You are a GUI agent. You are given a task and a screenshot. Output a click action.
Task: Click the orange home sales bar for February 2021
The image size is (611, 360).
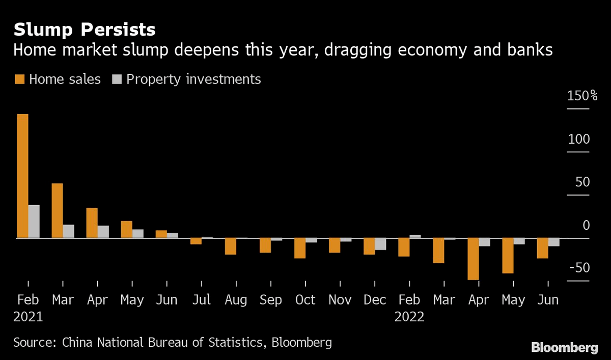22,176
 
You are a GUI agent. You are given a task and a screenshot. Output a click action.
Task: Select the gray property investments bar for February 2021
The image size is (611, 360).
34,221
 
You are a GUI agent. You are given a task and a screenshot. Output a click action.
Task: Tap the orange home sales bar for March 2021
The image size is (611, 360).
57,210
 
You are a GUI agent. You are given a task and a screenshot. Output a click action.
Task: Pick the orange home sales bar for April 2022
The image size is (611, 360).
473,259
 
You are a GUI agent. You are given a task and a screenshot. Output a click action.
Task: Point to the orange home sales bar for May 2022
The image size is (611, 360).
508,256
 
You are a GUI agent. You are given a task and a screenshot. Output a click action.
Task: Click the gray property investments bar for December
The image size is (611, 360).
380,244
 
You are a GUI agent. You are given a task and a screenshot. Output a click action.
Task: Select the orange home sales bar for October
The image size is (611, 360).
299,248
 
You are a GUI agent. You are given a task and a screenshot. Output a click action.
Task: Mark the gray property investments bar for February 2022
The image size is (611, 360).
415,236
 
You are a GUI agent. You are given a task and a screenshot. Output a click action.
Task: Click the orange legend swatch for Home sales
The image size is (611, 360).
19,79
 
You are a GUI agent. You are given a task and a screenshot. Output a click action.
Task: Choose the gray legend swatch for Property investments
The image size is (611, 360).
117,79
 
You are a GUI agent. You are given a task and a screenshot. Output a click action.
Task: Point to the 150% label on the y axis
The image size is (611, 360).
582,96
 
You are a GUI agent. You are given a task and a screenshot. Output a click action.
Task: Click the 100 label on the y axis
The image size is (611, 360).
578,139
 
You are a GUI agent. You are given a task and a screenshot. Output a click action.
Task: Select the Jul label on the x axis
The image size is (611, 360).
201,300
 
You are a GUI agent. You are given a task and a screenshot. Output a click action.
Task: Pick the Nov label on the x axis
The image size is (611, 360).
340,300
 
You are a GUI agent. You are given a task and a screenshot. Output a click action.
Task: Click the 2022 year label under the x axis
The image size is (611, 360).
409,317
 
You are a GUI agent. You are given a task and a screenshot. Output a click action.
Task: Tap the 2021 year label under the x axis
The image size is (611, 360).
28,317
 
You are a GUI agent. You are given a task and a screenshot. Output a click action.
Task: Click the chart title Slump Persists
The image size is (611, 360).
85,30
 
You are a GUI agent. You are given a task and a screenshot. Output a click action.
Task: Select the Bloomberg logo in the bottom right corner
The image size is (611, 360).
564,348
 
